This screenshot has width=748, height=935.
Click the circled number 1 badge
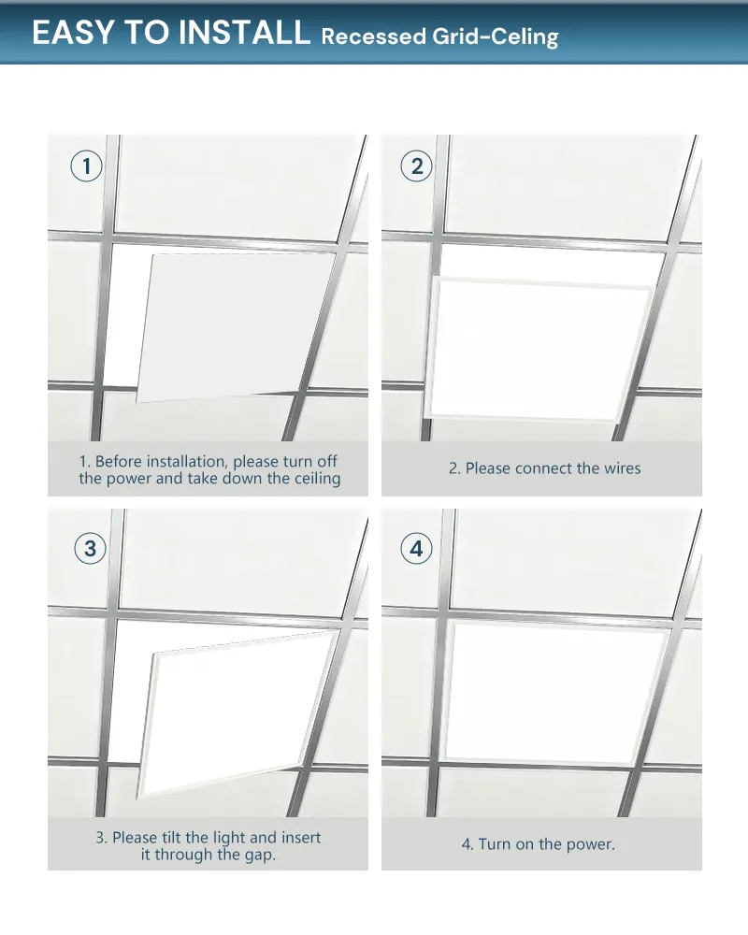(87, 166)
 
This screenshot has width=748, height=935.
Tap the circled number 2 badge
(417, 166)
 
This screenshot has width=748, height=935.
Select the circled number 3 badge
(90, 549)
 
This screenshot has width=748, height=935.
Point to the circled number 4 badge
(417, 549)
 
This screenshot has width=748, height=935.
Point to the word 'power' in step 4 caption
(587, 844)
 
